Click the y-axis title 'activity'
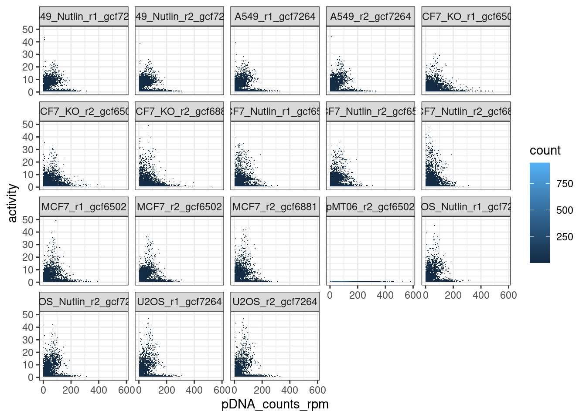(x=12, y=203)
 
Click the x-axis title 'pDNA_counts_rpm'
(x=275, y=404)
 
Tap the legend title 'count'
(x=545, y=151)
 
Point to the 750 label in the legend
(x=565, y=184)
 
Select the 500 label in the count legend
(x=565, y=210)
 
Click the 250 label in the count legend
(x=565, y=237)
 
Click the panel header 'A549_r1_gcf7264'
(x=275, y=17)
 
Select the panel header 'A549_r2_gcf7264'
(x=370, y=17)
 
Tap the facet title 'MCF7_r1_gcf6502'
(x=84, y=207)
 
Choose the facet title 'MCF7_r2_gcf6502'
(x=179, y=207)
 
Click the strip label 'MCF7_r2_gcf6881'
(x=275, y=207)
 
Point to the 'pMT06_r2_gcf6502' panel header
(x=370, y=207)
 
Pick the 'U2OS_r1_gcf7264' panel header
(x=179, y=302)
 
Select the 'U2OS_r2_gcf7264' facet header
(x=275, y=302)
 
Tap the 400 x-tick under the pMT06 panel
(x=385, y=295)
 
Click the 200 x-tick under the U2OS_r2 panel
(x=262, y=390)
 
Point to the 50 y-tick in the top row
(x=28, y=29)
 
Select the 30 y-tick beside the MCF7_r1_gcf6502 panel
(x=28, y=245)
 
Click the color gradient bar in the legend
(x=539, y=212)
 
